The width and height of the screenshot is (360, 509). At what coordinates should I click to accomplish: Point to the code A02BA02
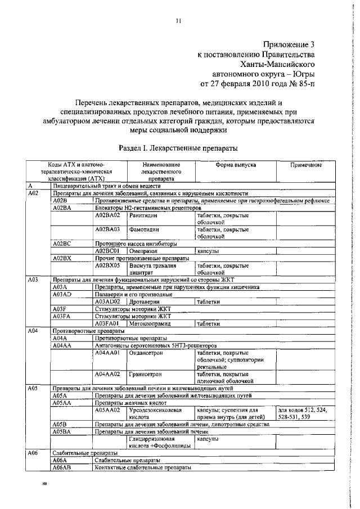(x=109, y=215)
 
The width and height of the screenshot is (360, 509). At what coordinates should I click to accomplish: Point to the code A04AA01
(x=109, y=353)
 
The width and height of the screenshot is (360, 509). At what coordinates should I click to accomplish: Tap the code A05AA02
(x=109, y=410)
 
